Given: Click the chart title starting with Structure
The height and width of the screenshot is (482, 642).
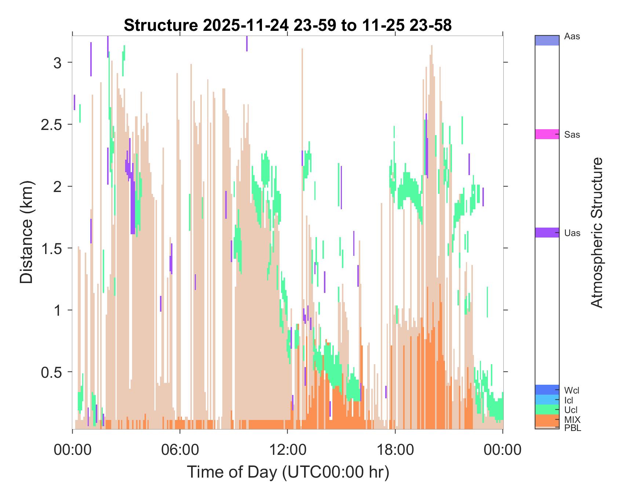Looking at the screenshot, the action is (x=288, y=25).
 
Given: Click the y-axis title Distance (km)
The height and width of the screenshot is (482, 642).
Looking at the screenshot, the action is (x=26, y=232).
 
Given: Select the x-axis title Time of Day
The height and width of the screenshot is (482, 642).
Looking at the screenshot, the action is (x=288, y=472).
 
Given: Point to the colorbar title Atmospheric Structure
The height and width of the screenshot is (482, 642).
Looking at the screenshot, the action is (x=597, y=232).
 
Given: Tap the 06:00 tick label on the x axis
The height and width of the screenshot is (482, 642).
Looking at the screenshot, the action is (x=180, y=450).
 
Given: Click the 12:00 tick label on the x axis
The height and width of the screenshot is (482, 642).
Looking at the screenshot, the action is (x=288, y=450).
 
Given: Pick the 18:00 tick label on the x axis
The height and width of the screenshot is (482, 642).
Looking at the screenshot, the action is (x=395, y=450).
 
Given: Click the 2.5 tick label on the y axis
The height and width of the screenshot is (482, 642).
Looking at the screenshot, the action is (x=51, y=124).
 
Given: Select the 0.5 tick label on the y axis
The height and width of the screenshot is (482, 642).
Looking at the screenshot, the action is (x=51, y=372).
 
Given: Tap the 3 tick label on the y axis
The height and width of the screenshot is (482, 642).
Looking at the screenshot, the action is (x=57, y=62).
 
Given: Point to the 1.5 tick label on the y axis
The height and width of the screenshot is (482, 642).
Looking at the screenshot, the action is (x=51, y=248).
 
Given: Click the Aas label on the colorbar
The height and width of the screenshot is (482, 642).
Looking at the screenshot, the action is (x=572, y=37).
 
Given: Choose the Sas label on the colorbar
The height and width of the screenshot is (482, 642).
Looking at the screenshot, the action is (x=572, y=135).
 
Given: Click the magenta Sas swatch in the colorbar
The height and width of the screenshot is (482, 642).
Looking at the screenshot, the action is (x=547, y=134).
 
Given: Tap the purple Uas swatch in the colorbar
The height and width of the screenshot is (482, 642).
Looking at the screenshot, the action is (x=547, y=232).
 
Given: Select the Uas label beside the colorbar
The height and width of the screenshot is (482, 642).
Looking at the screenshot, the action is (x=572, y=233).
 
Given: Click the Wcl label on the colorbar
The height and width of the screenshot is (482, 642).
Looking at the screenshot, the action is (x=572, y=390).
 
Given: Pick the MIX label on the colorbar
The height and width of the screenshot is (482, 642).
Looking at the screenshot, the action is (x=572, y=420).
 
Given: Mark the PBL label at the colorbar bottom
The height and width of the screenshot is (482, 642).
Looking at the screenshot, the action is (x=573, y=428).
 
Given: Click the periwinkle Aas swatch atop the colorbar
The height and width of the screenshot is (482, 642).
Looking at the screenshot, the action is (x=547, y=40).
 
